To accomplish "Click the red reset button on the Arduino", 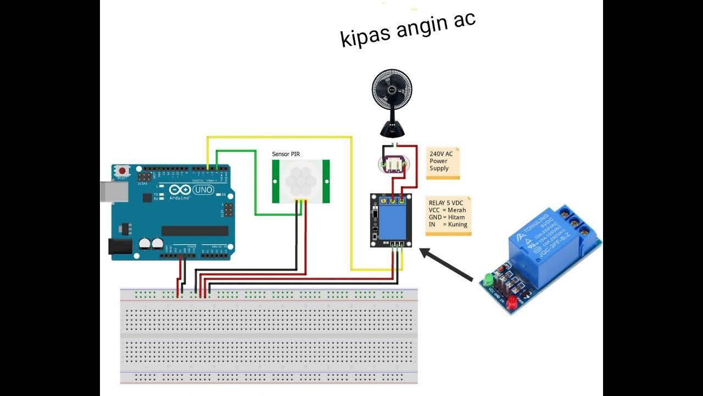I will [x=122, y=171].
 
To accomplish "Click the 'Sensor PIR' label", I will [x=286, y=154].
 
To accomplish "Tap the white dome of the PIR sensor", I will [x=301, y=179].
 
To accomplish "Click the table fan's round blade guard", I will [x=392, y=90].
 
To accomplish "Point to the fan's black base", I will [x=393, y=130].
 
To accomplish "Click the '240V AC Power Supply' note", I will [x=442, y=162].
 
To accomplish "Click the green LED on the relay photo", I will [x=488, y=279].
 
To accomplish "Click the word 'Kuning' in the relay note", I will [x=457, y=224].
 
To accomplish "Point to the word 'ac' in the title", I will [x=463, y=23].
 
